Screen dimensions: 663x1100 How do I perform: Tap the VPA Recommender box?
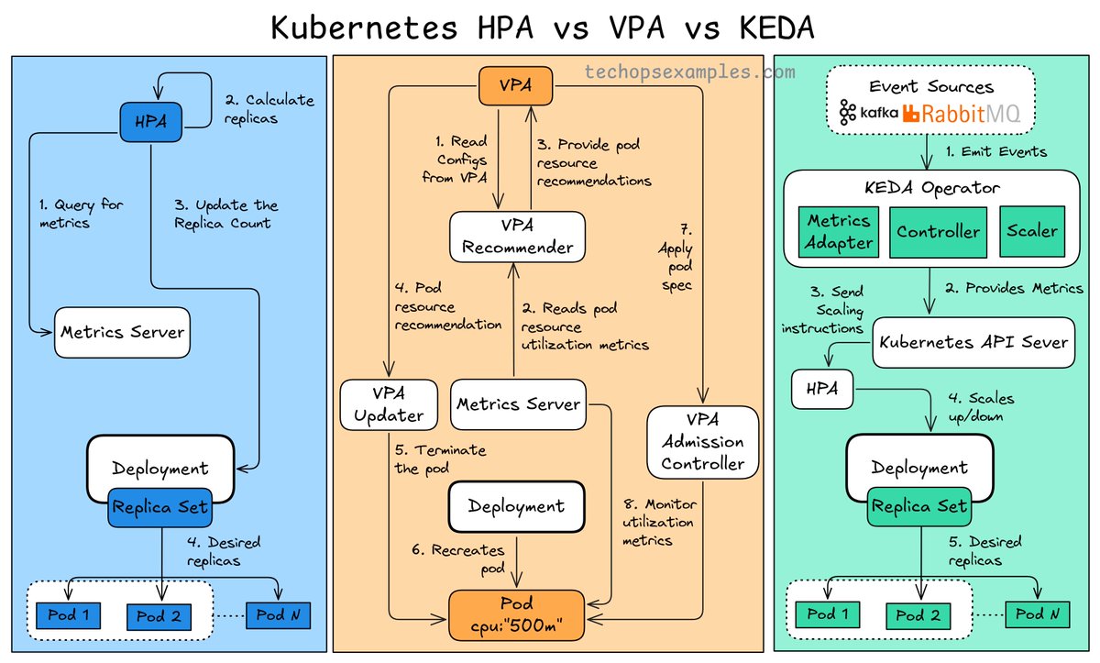tap(517, 236)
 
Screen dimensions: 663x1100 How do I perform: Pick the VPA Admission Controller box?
tap(703, 442)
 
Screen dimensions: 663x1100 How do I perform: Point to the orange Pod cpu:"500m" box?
tap(516, 614)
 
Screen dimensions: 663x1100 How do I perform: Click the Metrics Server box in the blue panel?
tap(122, 332)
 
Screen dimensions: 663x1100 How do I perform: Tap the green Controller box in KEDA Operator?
tap(938, 232)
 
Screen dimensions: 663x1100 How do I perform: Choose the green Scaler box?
tap(1032, 231)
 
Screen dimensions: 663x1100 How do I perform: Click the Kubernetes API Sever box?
tap(973, 342)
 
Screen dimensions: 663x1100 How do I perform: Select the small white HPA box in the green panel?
tap(821, 390)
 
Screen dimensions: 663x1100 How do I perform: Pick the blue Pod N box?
tap(277, 615)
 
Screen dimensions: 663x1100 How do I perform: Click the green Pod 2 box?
tap(918, 615)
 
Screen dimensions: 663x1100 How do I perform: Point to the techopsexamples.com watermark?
tap(689, 71)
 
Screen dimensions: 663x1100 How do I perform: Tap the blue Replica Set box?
tap(159, 506)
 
